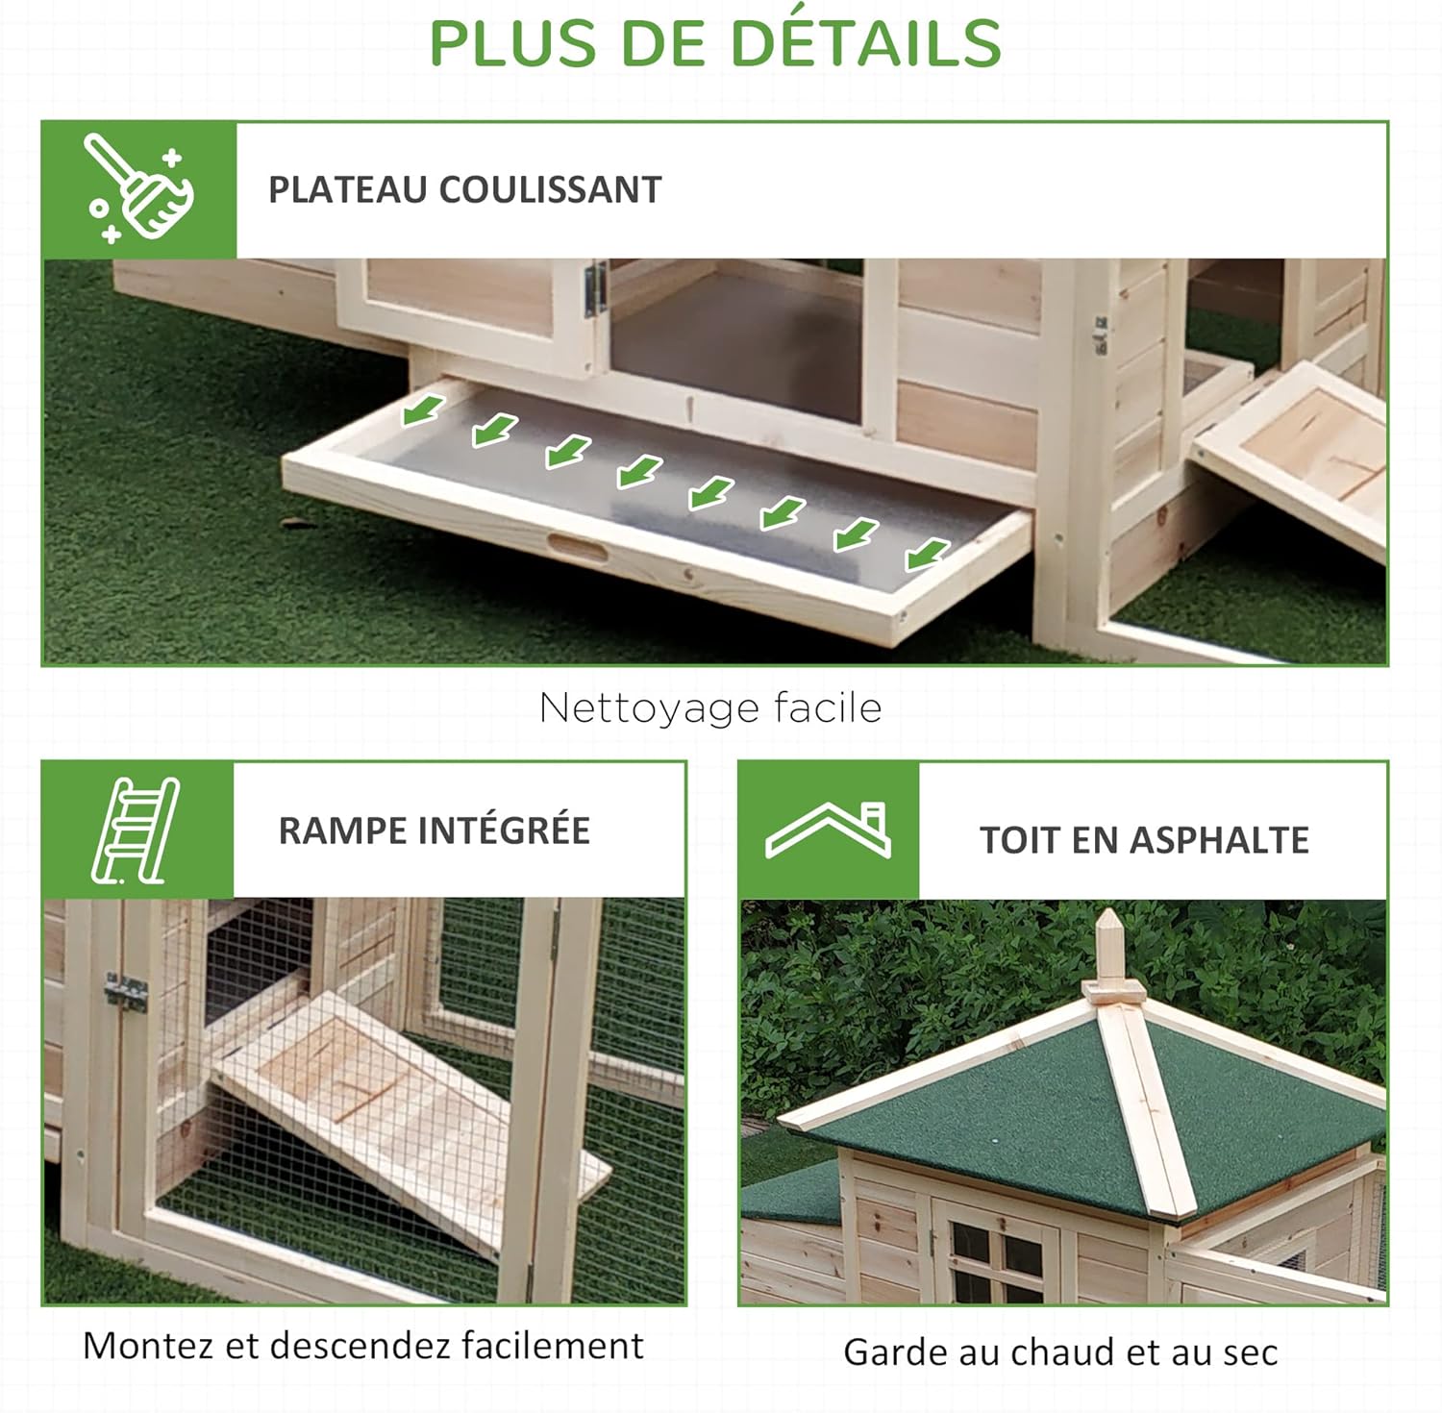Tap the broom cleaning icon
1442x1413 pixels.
pyautogui.click(x=139, y=188)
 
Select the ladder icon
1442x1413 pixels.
pyautogui.click(x=137, y=830)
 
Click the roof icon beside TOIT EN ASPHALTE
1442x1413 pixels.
pyautogui.click(x=829, y=830)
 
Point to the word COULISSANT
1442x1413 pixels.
pyautogui.click(x=550, y=189)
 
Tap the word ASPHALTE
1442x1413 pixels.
pyautogui.click(x=1219, y=840)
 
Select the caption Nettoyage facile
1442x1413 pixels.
pyautogui.click(x=710, y=707)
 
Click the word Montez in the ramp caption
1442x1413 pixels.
pyautogui.click(x=148, y=1345)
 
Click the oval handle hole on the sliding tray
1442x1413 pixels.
pyautogui.click(x=577, y=548)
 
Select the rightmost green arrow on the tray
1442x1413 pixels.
pyautogui.click(x=927, y=554)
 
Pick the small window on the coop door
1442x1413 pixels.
pyautogui.click(x=996, y=1259)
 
